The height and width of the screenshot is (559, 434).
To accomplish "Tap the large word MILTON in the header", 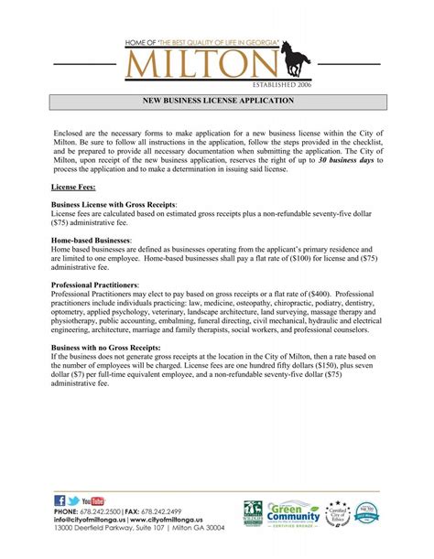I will (202, 65).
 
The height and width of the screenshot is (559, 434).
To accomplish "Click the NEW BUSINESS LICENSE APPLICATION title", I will (217, 101).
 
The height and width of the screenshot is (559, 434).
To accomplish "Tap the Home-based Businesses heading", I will (92, 240).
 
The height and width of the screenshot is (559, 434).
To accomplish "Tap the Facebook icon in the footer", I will (60, 500).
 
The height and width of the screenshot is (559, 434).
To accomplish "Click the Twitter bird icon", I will (73, 500).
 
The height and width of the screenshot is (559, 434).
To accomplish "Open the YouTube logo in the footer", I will (93, 500).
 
